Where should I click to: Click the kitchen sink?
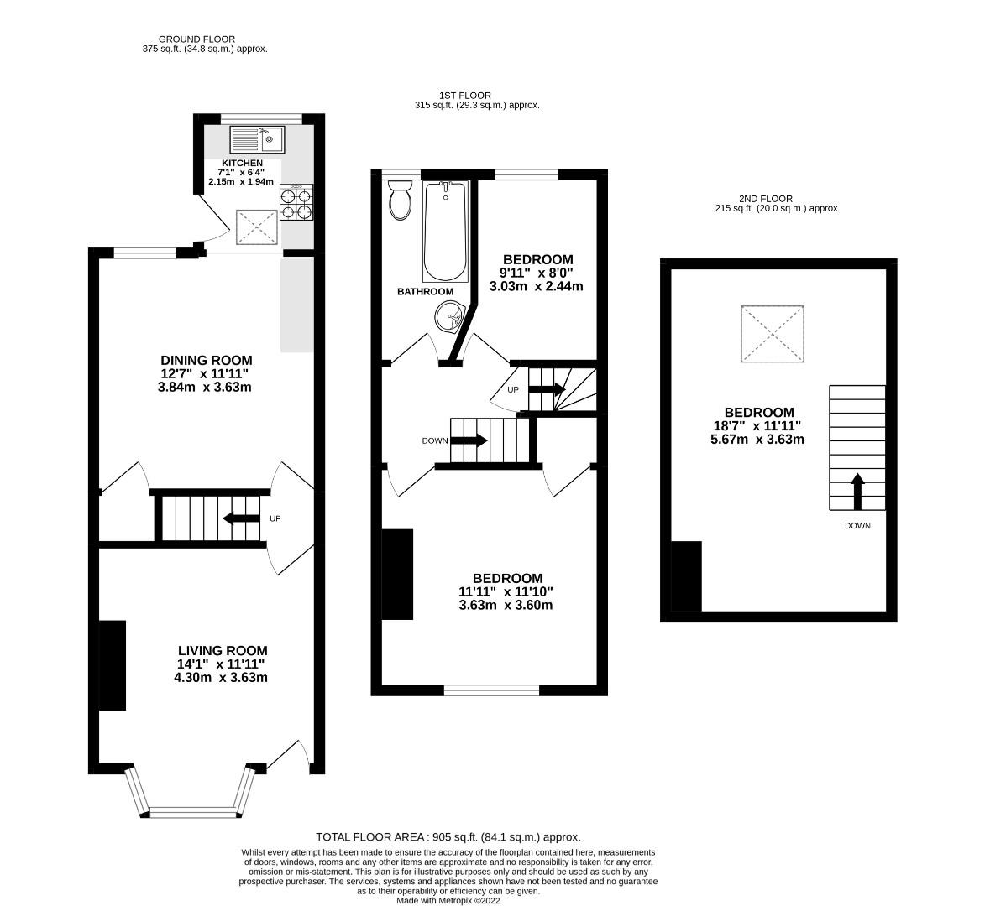(259, 138)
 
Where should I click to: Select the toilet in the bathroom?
(401, 201)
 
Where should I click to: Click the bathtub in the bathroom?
(445, 232)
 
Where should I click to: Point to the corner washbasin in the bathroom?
(451, 316)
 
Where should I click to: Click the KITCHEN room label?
(242, 163)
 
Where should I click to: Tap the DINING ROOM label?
(207, 361)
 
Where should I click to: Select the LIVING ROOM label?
(223, 651)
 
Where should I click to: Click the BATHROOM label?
(425, 292)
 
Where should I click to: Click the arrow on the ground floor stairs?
(241, 519)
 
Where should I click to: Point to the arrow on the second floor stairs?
(857, 492)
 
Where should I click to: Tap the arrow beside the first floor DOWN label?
(469, 440)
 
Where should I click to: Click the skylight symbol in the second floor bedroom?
(773, 334)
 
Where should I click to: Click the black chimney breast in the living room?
(113, 665)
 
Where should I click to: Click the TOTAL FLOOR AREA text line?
(448, 837)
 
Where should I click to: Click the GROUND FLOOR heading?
(196, 39)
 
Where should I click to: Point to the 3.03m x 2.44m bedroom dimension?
(537, 286)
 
